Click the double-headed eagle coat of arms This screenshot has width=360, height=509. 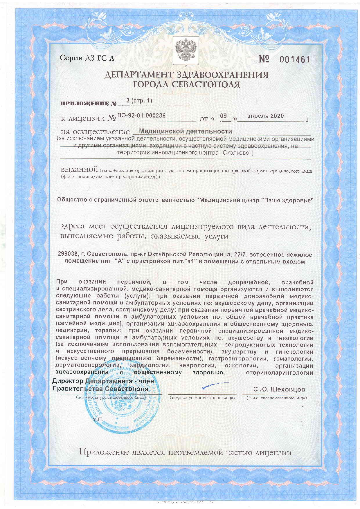click(x=186, y=50)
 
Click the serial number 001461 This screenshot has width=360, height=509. click(x=295, y=60)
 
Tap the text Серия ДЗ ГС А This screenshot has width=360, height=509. click(x=87, y=58)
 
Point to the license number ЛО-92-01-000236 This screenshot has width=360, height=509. click(x=141, y=115)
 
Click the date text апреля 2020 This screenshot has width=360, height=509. click(x=265, y=116)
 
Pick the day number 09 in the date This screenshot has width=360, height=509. click(x=223, y=116)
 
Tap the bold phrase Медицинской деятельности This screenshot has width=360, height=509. click(x=186, y=131)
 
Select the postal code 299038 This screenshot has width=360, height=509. click(x=68, y=255)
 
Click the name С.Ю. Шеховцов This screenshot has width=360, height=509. click(x=279, y=389)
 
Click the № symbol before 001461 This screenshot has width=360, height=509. click(x=264, y=59)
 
